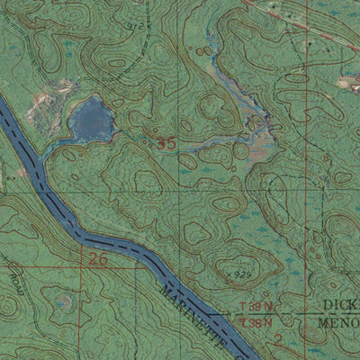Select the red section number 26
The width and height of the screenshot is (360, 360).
[x=97, y=260]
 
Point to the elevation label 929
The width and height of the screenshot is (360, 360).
[x=240, y=273]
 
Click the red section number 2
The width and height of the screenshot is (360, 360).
[x=278, y=339]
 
